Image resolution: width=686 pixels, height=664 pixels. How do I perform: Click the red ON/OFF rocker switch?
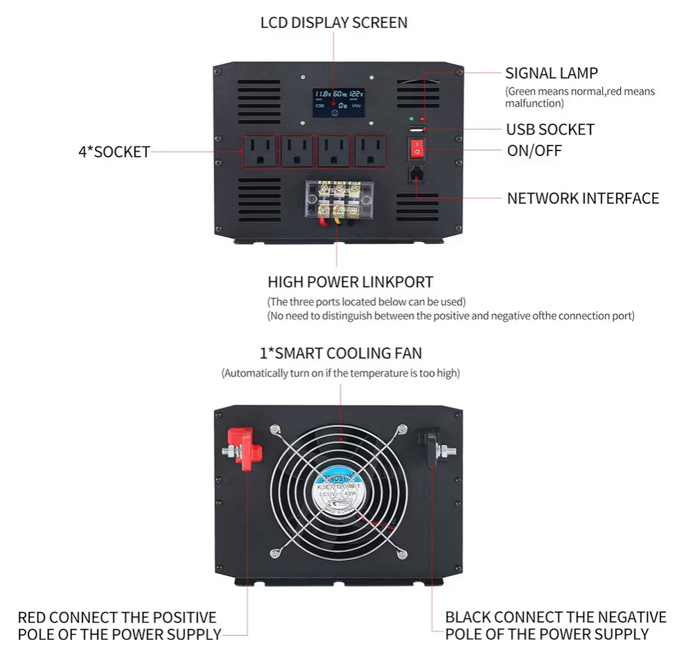[x=417, y=148]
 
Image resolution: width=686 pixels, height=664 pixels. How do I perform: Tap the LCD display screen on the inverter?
[x=338, y=102]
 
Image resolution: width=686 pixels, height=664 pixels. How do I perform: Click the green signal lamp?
[x=412, y=119]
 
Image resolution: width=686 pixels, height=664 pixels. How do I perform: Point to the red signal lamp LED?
[x=423, y=119]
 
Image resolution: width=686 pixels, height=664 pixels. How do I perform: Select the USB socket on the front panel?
[x=416, y=130]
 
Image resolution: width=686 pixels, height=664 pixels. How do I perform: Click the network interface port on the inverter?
[x=416, y=174]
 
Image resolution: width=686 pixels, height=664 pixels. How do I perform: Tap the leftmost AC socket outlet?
[x=259, y=150]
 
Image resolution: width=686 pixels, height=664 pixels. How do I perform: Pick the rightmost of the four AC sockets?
[x=372, y=150]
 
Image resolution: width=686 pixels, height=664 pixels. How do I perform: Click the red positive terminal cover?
[x=247, y=448]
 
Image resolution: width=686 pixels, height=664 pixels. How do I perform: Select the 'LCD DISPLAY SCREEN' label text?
[x=334, y=23]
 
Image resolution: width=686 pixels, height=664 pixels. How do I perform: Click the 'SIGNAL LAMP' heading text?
[x=552, y=73]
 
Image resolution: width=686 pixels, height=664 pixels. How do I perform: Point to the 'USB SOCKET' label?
[x=550, y=130]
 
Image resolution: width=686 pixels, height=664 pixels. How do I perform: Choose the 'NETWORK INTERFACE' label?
[x=583, y=199]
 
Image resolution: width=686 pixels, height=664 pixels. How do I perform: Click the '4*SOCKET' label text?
[x=114, y=152]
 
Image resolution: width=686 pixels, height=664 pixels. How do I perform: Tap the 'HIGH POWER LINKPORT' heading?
[x=350, y=282]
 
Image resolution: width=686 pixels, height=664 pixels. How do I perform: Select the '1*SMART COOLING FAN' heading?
[x=340, y=353]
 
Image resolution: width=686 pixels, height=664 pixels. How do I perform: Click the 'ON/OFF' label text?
[x=534, y=151]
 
